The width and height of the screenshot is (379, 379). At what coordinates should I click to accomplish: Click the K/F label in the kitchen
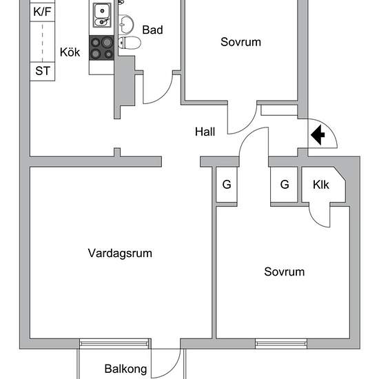click(42, 11)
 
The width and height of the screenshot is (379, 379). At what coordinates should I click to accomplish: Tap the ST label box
click(42, 72)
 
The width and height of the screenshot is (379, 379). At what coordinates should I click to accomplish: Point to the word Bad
click(152, 30)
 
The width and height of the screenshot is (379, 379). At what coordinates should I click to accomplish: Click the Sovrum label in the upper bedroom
click(240, 42)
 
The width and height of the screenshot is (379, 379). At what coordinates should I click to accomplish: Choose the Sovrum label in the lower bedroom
click(284, 272)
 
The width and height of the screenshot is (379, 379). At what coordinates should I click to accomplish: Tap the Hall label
click(206, 132)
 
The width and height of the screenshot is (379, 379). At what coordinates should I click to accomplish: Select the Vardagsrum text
click(120, 253)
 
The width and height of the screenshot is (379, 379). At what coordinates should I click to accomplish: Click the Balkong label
click(125, 369)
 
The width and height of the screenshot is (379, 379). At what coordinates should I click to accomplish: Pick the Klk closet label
click(321, 185)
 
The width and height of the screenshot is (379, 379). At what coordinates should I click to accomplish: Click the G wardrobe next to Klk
click(284, 185)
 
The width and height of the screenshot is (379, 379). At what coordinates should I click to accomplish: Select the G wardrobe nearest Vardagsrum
click(226, 185)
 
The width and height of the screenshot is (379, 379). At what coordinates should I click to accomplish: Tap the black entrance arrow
click(319, 135)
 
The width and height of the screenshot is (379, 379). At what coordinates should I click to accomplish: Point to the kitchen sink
click(102, 12)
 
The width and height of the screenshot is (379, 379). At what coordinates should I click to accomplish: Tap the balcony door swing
click(164, 362)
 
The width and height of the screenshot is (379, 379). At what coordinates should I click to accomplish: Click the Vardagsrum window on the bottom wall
click(114, 342)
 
